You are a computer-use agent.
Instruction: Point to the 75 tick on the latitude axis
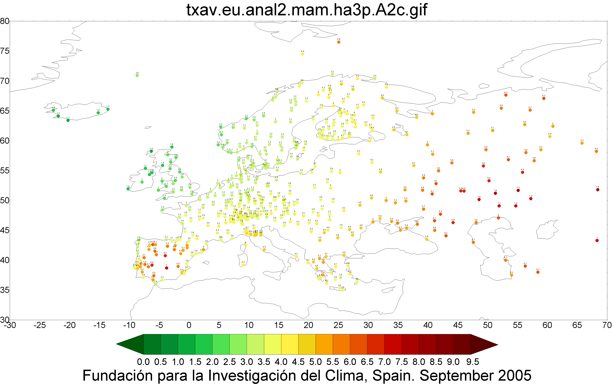(x=5, y=51)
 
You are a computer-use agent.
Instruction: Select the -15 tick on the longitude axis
(x=99, y=325)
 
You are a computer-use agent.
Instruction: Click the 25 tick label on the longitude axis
(x=338, y=325)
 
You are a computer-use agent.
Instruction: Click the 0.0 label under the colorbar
(x=143, y=362)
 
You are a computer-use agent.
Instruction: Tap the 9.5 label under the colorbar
(x=472, y=362)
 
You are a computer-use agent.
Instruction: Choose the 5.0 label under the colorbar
(x=315, y=362)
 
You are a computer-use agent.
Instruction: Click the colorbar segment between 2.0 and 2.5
(x=221, y=344)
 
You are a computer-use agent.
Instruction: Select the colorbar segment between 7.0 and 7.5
(x=393, y=344)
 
